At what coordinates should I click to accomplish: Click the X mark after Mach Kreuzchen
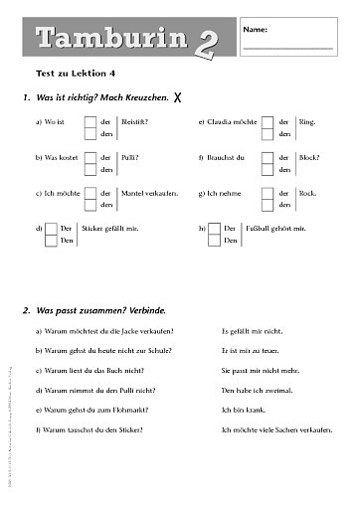click(177, 97)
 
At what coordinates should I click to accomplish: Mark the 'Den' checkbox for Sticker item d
click(51, 241)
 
